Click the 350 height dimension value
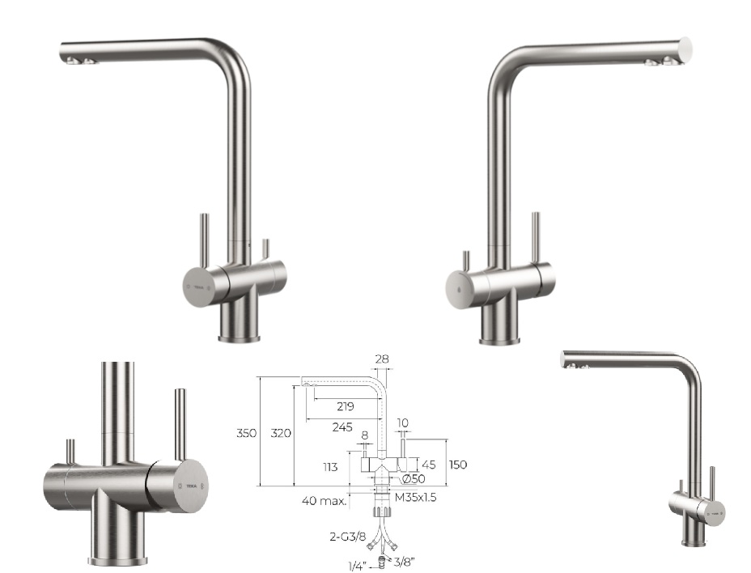pyautogui.click(x=246, y=433)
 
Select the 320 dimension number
pyautogui.click(x=281, y=433)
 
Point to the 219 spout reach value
pyautogui.click(x=346, y=407)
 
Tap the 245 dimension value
pyautogui.click(x=342, y=427)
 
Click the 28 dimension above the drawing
pyautogui.click(x=382, y=359)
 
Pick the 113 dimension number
pyautogui.click(x=330, y=467)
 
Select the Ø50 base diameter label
pyautogui.click(x=413, y=478)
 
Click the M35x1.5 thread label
pyautogui.click(x=416, y=497)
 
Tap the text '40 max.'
pyautogui.click(x=325, y=501)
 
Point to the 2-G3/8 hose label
pyautogui.click(x=348, y=537)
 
